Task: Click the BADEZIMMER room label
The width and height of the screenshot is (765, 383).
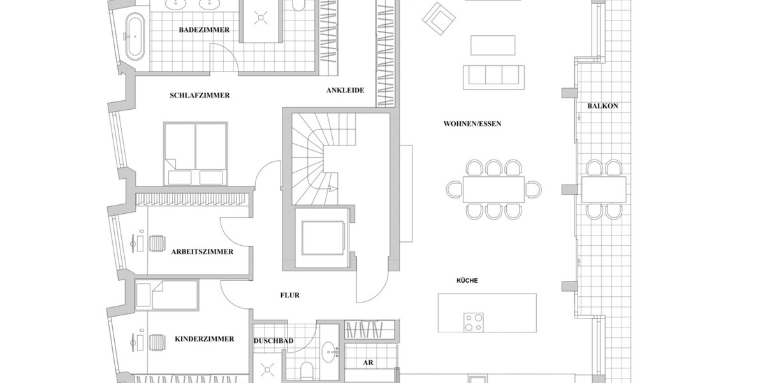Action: pyautogui.click(x=204, y=29)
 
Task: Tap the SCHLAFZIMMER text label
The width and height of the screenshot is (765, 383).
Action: pyautogui.click(x=200, y=95)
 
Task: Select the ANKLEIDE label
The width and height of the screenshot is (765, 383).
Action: pyautogui.click(x=345, y=90)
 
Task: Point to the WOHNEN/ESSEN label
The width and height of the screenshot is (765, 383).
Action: pyautogui.click(x=472, y=123)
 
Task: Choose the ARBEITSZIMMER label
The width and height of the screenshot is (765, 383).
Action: pyautogui.click(x=202, y=252)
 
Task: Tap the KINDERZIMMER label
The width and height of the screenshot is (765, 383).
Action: pyautogui.click(x=204, y=339)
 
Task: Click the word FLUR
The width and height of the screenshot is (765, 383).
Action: pyautogui.click(x=289, y=296)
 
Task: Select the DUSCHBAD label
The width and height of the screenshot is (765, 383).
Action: pyautogui.click(x=273, y=341)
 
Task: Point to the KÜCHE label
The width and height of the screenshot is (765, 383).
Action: pyautogui.click(x=467, y=280)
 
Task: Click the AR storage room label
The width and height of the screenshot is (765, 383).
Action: pyautogui.click(x=368, y=363)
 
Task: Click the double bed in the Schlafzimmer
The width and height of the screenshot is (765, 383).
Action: pyautogui.click(x=195, y=153)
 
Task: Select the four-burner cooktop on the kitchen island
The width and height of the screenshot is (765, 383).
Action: pyautogui.click(x=473, y=322)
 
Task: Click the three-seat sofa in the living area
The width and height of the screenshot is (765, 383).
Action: pyautogui.click(x=493, y=75)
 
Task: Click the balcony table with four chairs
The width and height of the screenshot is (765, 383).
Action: pyautogui.click(x=603, y=189)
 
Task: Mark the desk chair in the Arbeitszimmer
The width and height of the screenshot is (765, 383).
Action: pyautogui.click(x=157, y=244)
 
